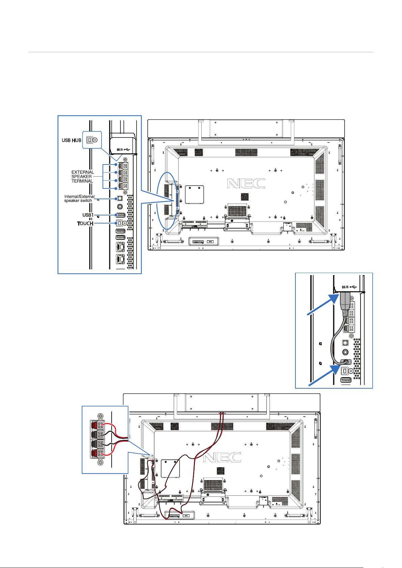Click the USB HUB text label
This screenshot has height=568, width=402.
point(71,140)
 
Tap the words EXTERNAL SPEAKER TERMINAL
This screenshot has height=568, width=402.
point(83,177)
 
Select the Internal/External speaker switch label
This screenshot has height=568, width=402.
point(79,198)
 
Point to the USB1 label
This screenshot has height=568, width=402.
point(88,215)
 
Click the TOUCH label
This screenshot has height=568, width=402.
point(85,223)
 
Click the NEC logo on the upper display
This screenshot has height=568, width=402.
point(246,183)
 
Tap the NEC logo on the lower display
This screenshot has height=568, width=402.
point(222,457)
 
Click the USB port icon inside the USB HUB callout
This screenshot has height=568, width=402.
point(92,140)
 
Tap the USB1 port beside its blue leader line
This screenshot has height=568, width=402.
point(120,215)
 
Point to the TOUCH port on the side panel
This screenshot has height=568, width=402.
point(121,223)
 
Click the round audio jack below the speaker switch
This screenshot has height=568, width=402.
point(120,207)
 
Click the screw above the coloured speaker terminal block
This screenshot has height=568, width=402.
point(101,416)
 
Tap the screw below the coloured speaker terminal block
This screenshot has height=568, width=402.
point(101,463)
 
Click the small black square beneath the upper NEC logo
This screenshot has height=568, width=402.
point(245,197)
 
